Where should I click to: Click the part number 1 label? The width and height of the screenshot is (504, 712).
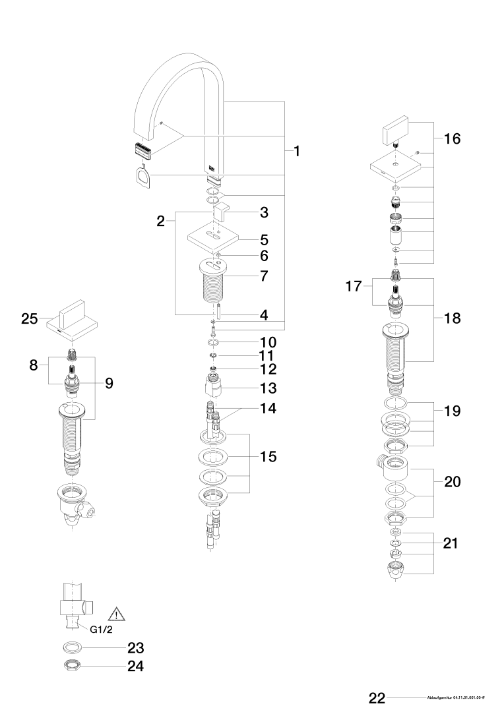coord(297,152)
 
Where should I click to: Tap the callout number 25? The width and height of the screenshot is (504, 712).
coord(29,319)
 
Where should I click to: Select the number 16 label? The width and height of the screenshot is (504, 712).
coord(453,139)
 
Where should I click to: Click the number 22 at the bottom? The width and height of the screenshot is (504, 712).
coord(377,697)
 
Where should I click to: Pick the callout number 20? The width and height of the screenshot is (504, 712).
coord(453,482)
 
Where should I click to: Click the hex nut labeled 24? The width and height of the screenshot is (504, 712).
coord(73,666)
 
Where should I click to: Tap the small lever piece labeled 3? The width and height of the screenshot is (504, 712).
coord(220,212)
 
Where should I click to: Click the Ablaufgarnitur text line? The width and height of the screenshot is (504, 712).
coord(456,697)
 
